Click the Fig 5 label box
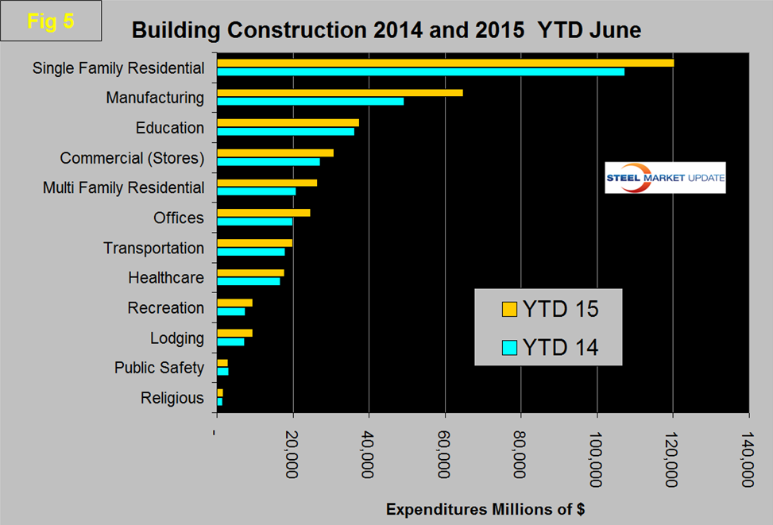click(51, 21)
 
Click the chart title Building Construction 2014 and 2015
click(386, 30)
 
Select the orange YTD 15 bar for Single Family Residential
click(445, 63)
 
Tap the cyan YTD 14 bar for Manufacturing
click(310, 102)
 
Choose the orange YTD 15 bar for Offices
click(263, 213)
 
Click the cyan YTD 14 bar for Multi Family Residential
click(256, 191)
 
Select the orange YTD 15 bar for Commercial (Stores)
click(275, 152)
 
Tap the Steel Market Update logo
click(665, 178)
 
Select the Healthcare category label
click(166, 278)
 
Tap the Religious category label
click(172, 398)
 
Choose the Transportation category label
click(153, 248)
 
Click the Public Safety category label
click(159, 368)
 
